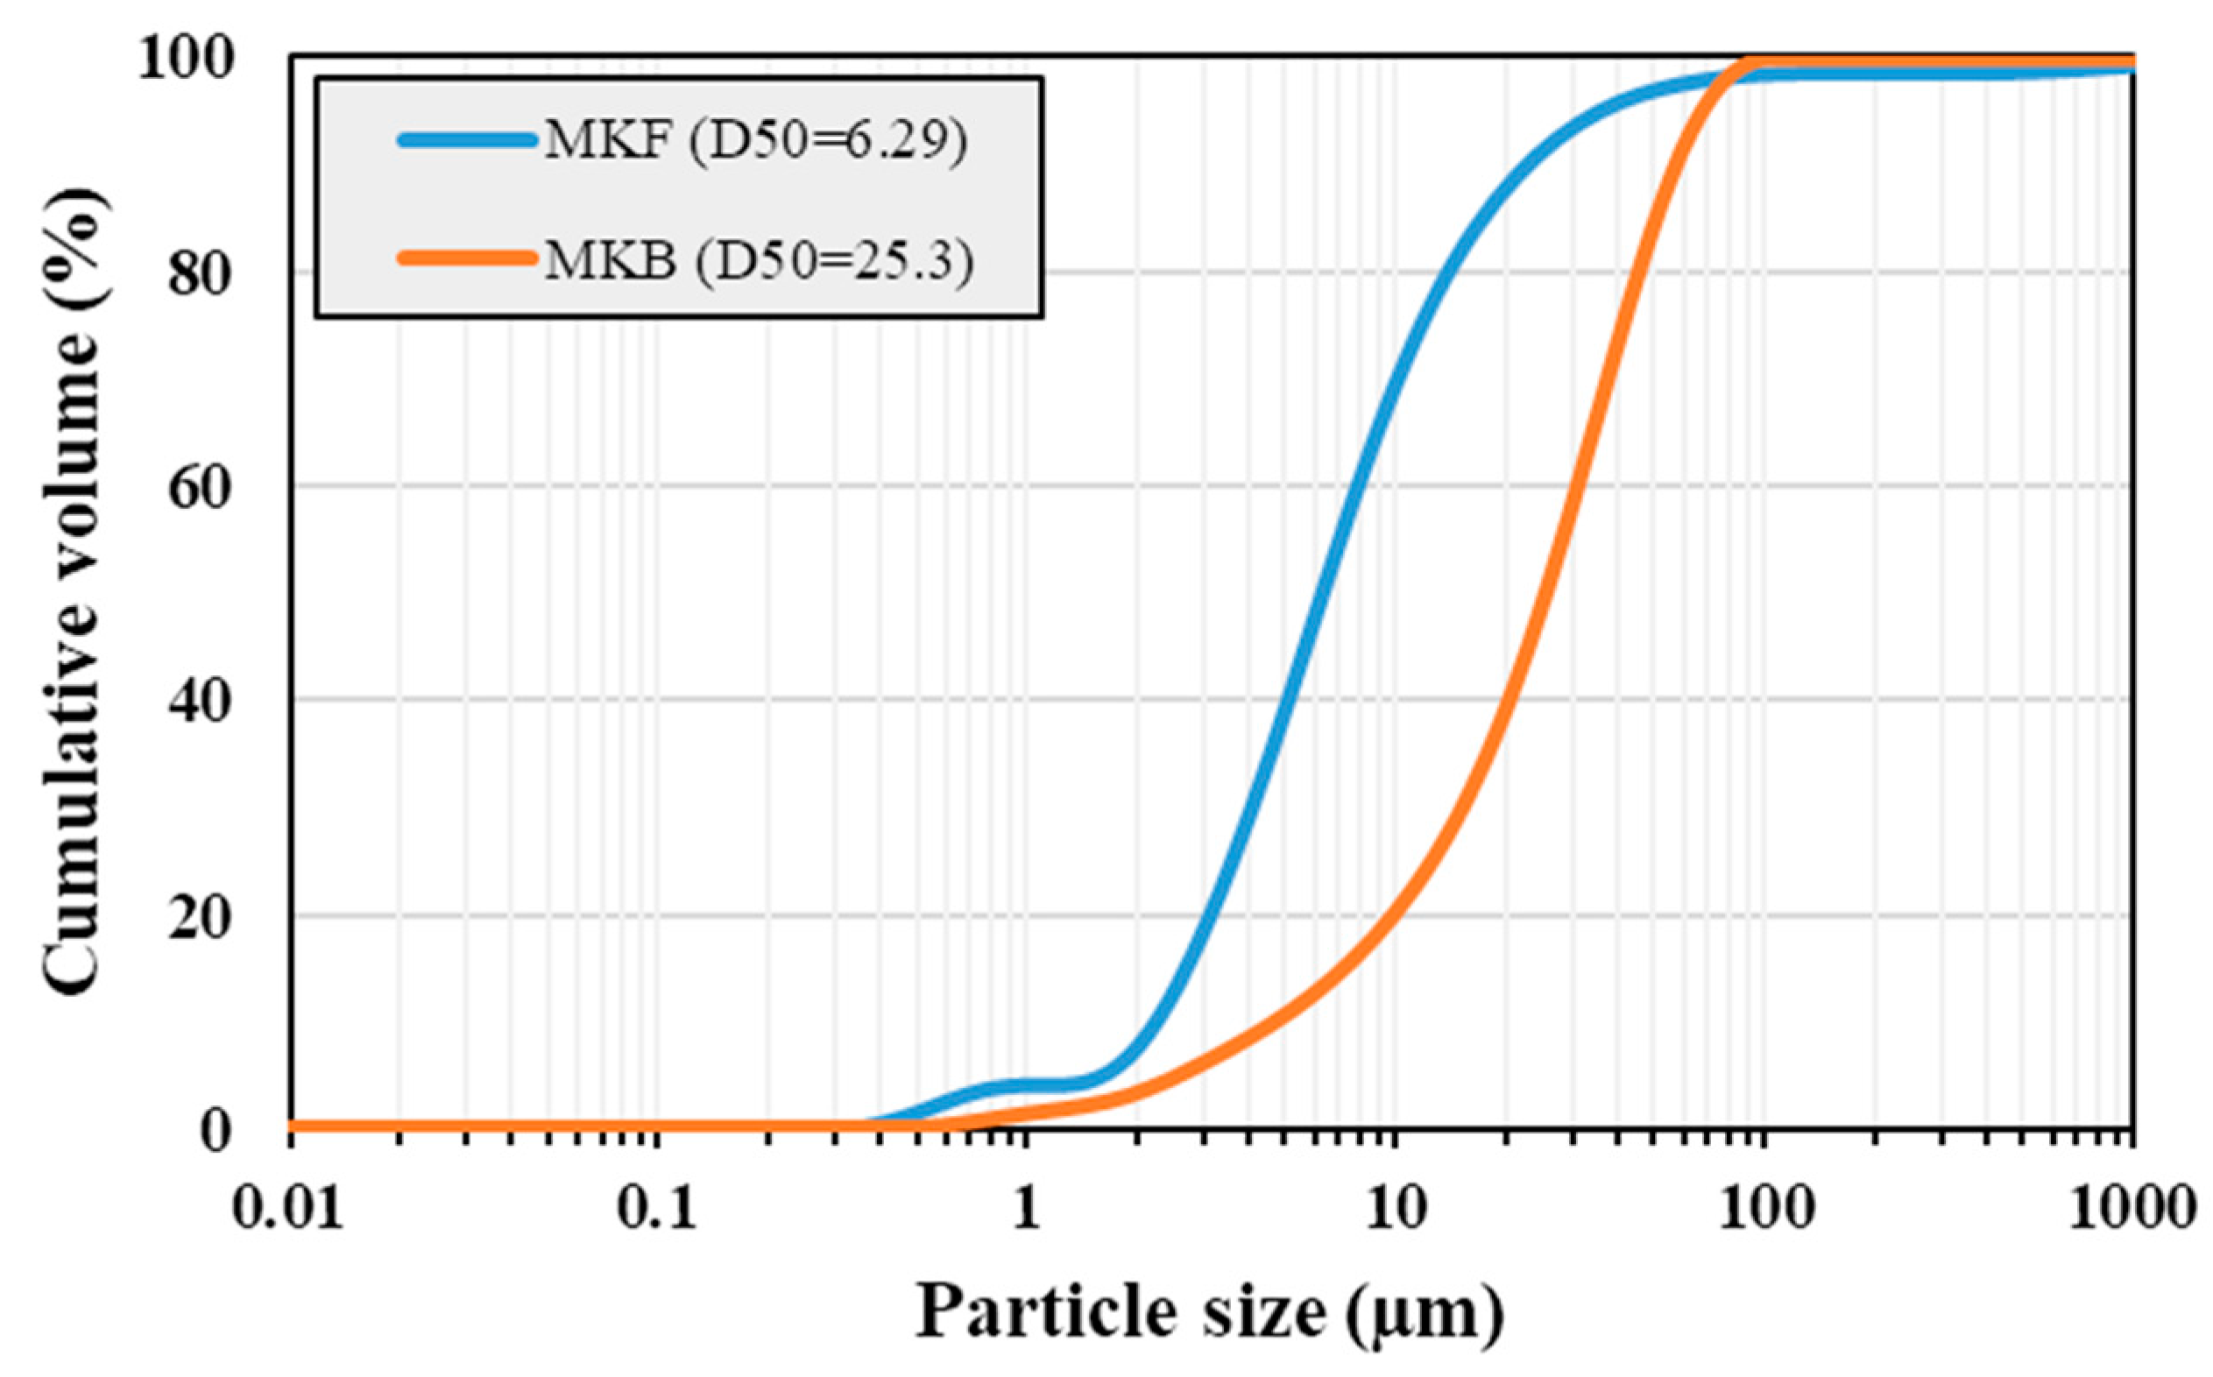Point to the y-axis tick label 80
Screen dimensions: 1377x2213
[x=211, y=273]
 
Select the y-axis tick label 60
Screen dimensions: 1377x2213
[x=211, y=488]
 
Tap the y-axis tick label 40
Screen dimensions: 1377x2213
[x=211, y=703]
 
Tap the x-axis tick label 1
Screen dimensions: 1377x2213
[x=1027, y=1211]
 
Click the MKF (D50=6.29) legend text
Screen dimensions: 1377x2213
[x=755, y=141]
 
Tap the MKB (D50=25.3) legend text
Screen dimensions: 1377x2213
[x=759, y=261]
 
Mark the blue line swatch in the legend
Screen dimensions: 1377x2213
[x=467, y=140]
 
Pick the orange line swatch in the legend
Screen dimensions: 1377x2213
[x=467, y=258]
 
